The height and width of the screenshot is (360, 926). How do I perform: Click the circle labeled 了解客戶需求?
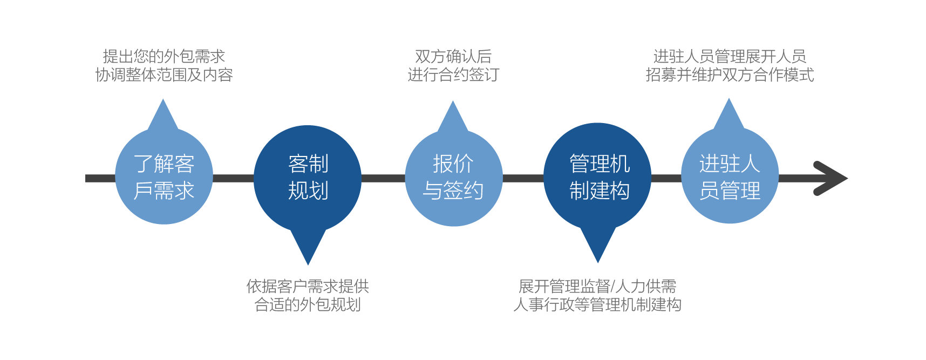click(x=164, y=176)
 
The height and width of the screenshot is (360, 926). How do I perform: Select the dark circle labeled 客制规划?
click(x=308, y=177)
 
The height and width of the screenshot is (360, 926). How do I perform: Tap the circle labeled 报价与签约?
click(x=453, y=178)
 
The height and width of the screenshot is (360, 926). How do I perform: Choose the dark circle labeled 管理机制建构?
click(x=597, y=176)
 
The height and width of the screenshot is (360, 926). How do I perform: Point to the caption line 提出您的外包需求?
click(x=164, y=56)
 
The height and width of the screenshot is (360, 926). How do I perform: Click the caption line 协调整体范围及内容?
click(x=164, y=74)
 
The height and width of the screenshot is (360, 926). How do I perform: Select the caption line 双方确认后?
click(x=453, y=56)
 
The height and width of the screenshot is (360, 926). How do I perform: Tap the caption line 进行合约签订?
click(x=453, y=74)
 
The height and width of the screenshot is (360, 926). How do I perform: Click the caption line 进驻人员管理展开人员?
click(x=730, y=56)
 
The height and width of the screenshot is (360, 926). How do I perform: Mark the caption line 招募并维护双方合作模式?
click(x=730, y=74)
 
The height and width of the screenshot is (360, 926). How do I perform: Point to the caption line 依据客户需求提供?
click(x=308, y=286)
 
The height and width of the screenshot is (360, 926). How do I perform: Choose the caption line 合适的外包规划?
click(x=308, y=304)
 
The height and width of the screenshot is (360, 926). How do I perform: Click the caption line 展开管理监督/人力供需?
click(x=597, y=286)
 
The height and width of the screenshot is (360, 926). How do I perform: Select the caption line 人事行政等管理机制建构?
click(x=597, y=304)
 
